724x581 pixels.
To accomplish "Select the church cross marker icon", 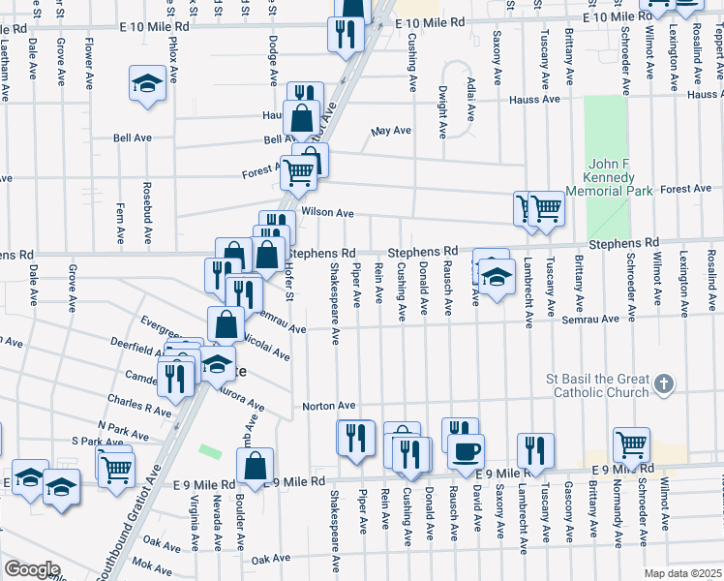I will [663, 384].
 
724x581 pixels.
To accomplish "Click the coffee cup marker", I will [467, 453].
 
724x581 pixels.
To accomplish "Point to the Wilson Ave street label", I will [327, 212].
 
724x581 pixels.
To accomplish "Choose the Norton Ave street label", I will [329, 406].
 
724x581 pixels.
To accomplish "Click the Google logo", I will [31, 568].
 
